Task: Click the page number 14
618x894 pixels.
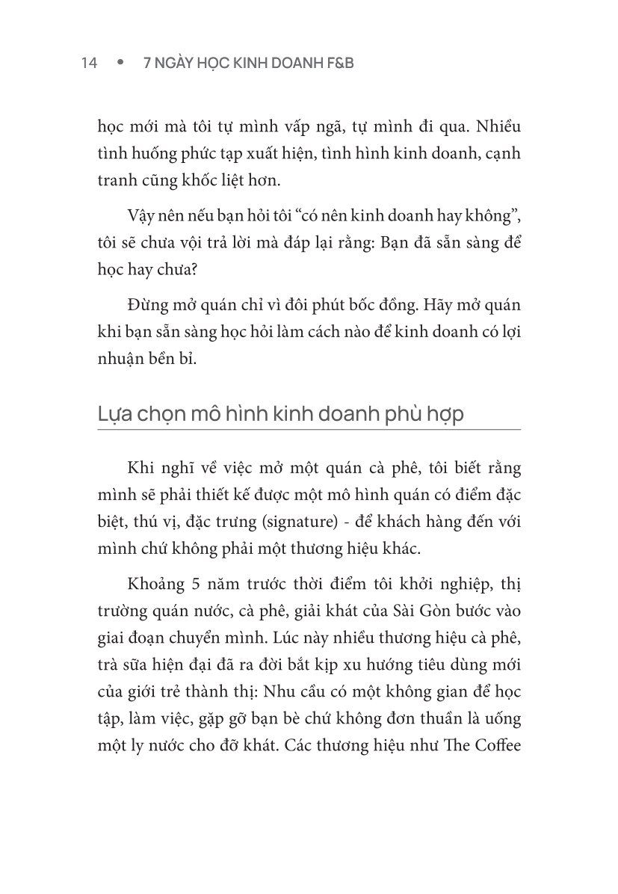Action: pyautogui.click(x=90, y=64)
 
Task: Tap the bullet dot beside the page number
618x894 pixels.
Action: pyautogui.click(x=119, y=64)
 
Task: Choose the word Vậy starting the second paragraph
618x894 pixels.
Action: pyautogui.click(x=142, y=217)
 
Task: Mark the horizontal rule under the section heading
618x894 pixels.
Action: pyautogui.click(x=309, y=430)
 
